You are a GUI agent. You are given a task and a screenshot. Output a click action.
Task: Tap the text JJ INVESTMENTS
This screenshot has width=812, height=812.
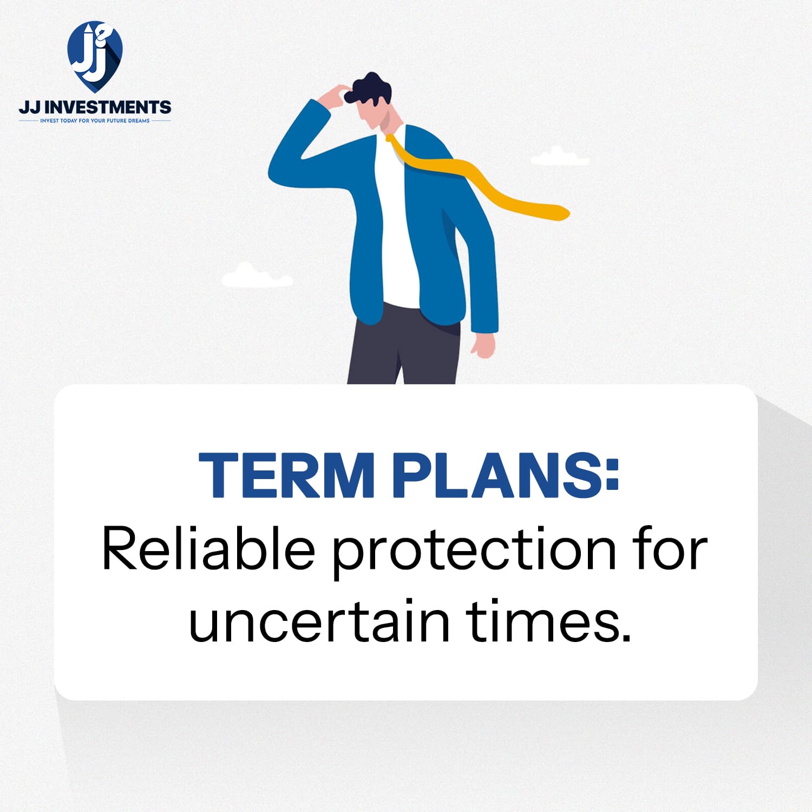(x=95, y=107)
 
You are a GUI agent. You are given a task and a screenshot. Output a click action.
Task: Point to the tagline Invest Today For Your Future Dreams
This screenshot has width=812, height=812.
(x=95, y=121)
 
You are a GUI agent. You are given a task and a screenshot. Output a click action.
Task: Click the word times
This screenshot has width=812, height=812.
(x=549, y=620)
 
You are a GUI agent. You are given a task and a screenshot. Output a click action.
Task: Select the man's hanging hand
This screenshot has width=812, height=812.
(x=483, y=345)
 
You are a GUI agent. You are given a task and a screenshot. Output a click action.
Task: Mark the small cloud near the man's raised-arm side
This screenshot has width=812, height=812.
(x=257, y=276)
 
